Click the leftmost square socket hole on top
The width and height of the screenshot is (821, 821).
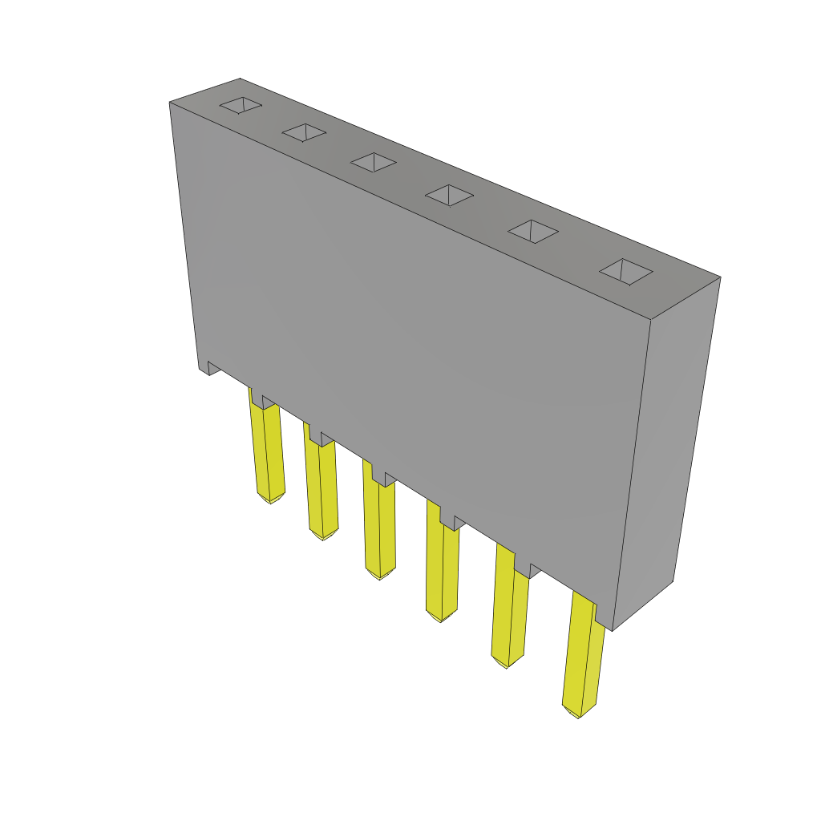tap(241, 105)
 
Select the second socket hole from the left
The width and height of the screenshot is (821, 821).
tap(304, 132)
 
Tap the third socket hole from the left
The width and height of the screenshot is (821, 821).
tap(373, 162)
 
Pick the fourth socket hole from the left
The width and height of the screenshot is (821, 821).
tap(449, 195)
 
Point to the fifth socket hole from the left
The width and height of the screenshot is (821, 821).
tap(532, 232)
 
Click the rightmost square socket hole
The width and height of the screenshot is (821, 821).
tap(625, 272)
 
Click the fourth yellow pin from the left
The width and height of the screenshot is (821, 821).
tap(442, 565)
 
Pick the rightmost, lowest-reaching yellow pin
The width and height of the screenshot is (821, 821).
tap(583, 657)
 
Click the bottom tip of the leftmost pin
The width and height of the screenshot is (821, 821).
tap(270, 501)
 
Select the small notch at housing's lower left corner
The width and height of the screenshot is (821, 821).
tap(213, 368)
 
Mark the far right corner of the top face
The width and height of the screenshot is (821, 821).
tap(719, 277)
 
